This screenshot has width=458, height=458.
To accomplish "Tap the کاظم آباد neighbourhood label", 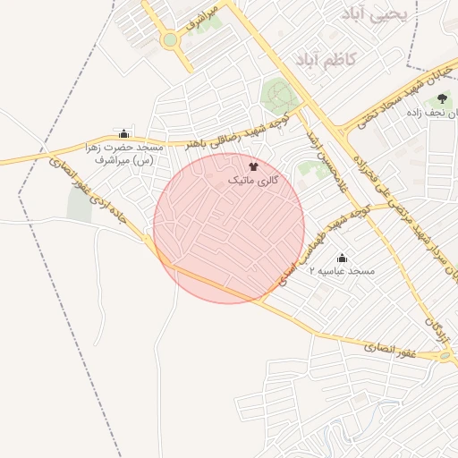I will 326,59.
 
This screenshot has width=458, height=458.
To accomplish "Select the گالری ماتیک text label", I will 253,181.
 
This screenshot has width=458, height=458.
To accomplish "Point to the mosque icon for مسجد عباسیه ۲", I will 341,258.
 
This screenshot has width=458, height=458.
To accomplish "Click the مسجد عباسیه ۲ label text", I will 343,271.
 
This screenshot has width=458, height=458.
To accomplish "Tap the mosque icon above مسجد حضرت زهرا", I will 123,133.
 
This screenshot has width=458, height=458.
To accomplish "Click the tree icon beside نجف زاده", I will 442,99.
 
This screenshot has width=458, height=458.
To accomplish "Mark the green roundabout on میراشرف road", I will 170,39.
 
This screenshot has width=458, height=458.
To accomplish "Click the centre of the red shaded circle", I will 229,227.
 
